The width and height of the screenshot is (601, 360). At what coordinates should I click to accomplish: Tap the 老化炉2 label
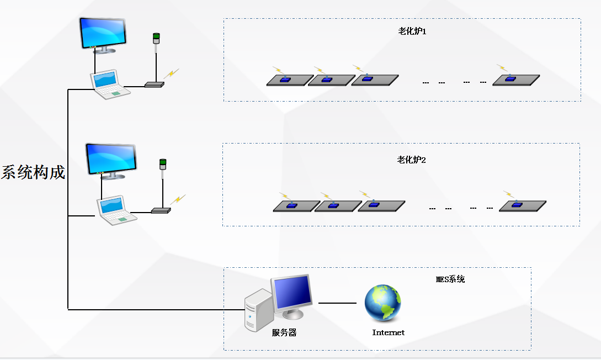tap(412, 160)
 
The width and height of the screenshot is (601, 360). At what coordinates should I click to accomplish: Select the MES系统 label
tap(450, 279)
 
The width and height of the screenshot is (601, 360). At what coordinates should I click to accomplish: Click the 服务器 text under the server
tap(284, 333)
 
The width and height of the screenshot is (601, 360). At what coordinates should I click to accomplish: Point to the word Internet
tap(388, 333)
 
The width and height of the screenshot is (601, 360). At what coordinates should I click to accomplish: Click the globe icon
tap(382, 303)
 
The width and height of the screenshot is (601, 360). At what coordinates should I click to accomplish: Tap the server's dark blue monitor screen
tap(292, 293)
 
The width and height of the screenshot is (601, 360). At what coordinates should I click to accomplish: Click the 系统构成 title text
tap(33, 173)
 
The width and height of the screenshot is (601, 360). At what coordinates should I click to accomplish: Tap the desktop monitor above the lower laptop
tap(111, 160)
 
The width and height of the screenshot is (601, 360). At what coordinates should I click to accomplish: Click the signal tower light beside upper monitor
tap(156, 39)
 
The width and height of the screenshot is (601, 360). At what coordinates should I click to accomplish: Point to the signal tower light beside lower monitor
tap(163, 164)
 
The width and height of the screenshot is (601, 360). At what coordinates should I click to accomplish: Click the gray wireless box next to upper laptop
tap(155, 85)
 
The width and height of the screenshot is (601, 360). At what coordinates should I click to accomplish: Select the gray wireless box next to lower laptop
tap(161, 210)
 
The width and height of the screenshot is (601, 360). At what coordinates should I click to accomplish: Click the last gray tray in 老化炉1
tap(516, 80)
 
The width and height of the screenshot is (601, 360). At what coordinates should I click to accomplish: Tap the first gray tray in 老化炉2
tap(296, 207)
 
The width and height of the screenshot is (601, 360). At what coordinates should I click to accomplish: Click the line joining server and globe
tap(337, 303)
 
